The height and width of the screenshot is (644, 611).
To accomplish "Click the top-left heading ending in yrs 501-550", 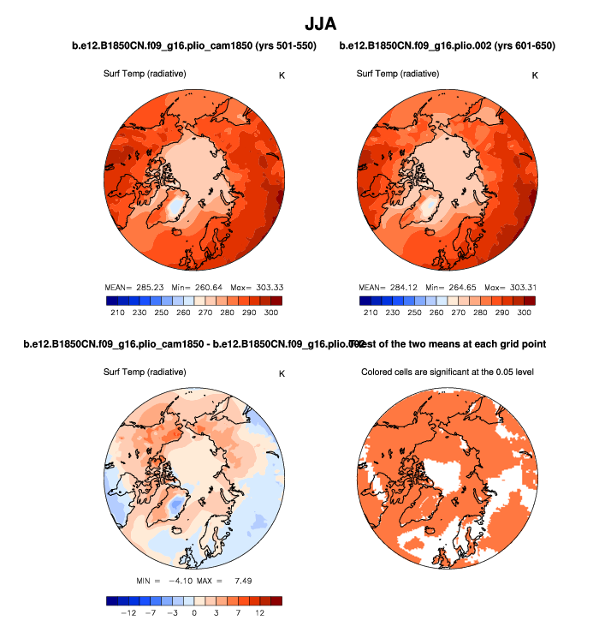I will point(193,45).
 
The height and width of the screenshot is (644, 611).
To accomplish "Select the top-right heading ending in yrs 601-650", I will point(447,45).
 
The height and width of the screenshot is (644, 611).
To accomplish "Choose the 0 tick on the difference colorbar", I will point(195,614).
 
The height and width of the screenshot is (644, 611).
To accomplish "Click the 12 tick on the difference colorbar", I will point(259,614).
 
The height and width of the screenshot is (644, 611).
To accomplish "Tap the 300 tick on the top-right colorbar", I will point(525,313).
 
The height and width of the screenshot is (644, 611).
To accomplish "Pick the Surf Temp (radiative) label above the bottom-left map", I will point(145,373).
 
